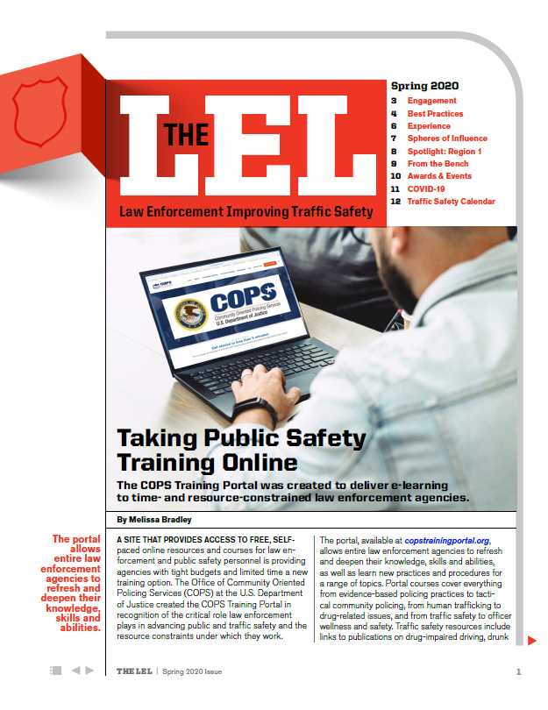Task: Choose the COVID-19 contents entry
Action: (x=425, y=188)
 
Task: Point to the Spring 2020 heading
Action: (x=424, y=87)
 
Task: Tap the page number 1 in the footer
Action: (x=519, y=672)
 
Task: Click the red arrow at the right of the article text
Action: (x=531, y=640)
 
